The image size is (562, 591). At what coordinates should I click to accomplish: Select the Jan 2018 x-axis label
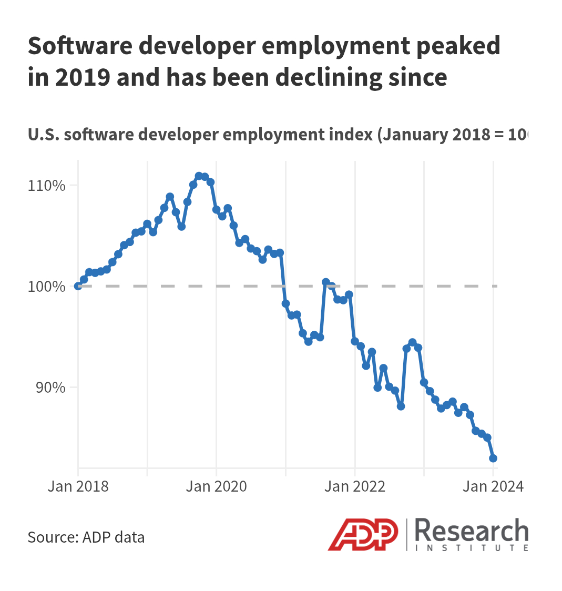[78, 486]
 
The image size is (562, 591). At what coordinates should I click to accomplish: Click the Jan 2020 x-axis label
[216, 486]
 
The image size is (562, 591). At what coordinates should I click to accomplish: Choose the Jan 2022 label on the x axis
[355, 486]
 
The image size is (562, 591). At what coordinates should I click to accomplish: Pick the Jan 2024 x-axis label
[493, 486]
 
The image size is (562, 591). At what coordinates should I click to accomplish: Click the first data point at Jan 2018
[78, 286]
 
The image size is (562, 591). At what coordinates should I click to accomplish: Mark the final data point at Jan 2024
[493, 458]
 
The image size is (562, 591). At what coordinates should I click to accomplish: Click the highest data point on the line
[199, 176]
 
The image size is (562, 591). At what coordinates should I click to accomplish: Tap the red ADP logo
[363, 534]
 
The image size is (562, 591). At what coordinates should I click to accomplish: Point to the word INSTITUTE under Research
[472, 548]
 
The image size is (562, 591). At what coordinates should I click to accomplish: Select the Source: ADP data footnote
[86, 537]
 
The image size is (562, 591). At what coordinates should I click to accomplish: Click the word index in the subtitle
[347, 135]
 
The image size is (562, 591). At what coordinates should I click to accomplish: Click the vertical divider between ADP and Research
[406, 534]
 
